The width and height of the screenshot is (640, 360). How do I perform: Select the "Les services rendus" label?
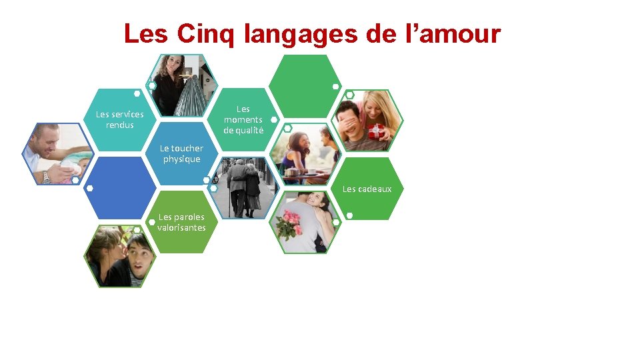[x=120, y=119]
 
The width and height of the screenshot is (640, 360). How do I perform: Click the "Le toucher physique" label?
[x=181, y=153]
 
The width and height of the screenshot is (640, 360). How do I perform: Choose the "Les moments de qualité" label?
[x=243, y=119]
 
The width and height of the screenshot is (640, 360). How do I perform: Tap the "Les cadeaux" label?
[x=367, y=189]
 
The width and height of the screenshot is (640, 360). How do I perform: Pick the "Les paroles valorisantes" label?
[x=181, y=222]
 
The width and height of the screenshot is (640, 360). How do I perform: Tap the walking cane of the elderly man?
[x=231, y=203]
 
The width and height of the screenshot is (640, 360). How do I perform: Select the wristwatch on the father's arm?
[x=46, y=177]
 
